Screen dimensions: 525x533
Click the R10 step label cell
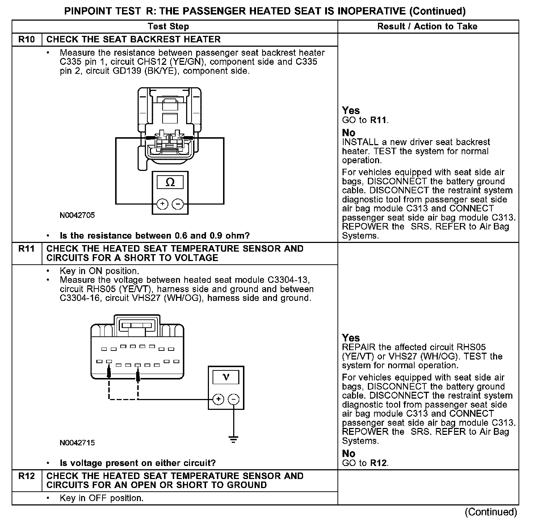27,39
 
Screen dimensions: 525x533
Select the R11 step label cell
27,249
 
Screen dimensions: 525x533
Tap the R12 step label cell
27,476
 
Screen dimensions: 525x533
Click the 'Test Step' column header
168,26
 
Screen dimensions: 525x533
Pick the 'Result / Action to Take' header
427,26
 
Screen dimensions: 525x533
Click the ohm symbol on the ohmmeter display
170,182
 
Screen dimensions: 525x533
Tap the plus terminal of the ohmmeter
163,204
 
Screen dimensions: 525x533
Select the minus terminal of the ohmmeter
177,204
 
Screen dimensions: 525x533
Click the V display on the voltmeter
226,377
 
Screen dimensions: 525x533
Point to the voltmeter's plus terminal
218,399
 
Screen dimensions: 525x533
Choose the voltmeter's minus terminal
234,399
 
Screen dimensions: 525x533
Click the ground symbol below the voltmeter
234,440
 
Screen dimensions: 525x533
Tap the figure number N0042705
77,215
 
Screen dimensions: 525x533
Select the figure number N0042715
77,442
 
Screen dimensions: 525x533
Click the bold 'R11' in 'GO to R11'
378,120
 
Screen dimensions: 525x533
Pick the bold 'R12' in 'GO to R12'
378,463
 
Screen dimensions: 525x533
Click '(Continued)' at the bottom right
491,512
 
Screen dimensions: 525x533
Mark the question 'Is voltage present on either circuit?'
138,463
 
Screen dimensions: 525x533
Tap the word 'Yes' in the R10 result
351,111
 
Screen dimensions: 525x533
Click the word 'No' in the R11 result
348,454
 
